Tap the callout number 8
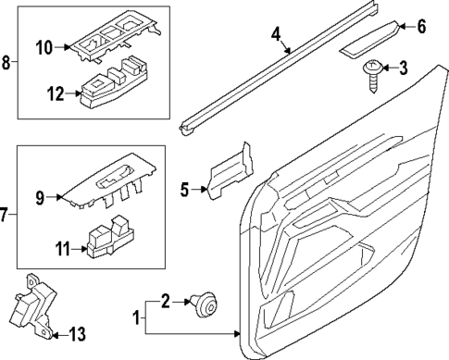6,64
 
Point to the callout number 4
276,36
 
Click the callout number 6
421,27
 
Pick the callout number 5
183,190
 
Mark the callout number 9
40,195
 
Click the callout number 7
6,216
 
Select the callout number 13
77,333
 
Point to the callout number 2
165,299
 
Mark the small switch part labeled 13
34,306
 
